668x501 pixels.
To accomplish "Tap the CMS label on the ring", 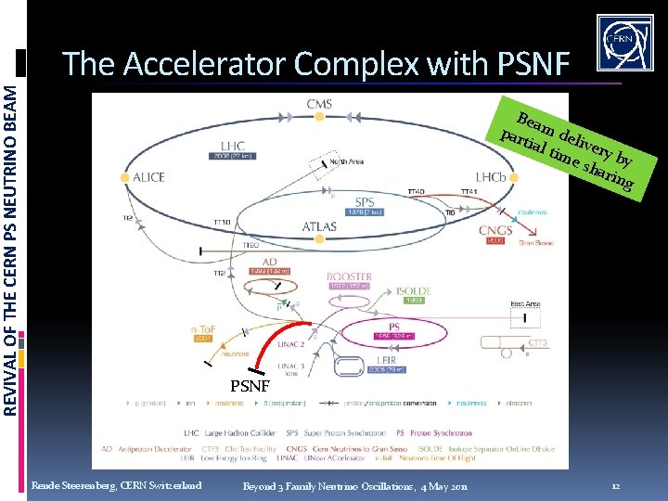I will coord(319,104).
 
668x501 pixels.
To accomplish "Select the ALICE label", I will coord(148,176).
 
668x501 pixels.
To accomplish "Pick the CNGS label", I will coord(495,230).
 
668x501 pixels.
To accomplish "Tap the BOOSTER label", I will coord(350,276).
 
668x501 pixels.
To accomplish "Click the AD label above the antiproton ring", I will coord(268,262).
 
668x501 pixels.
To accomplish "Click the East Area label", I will coord(526,304).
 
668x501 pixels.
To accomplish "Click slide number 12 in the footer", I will coord(616,486).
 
